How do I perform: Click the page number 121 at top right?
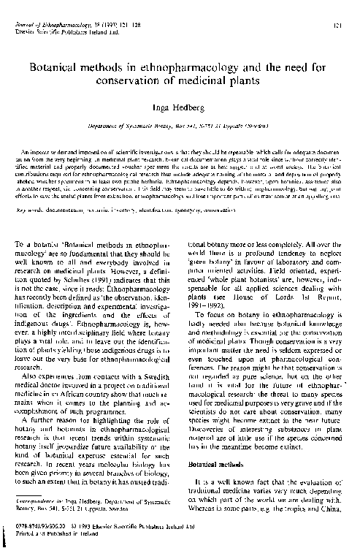click(x=340, y=25)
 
